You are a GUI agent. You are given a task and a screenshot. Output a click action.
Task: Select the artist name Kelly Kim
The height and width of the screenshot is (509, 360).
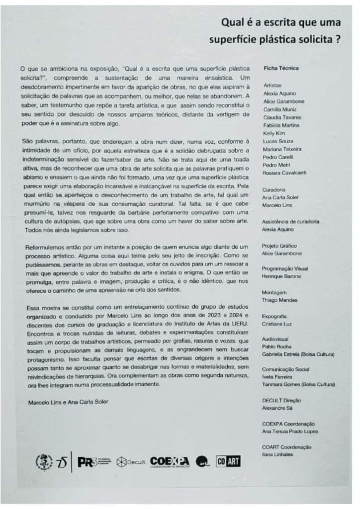pyautogui.click(x=274, y=133)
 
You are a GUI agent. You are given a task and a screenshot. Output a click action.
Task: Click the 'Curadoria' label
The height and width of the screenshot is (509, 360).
pyautogui.click(x=274, y=189)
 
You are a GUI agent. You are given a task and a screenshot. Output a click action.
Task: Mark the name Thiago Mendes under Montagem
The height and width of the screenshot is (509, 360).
pyautogui.click(x=279, y=300)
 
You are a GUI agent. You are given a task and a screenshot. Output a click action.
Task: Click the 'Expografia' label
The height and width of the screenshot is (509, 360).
pyautogui.click(x=275, y=316)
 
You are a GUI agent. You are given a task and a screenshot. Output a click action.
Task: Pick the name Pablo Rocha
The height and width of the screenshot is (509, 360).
pyautogui.click(x=276, y=346)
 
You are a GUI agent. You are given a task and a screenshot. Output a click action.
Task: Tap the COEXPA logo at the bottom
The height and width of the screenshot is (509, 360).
pyautogui.click(x=169, y=462)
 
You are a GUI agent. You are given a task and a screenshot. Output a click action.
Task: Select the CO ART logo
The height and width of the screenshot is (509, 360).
pyautogui.click(x=228, y=462)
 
